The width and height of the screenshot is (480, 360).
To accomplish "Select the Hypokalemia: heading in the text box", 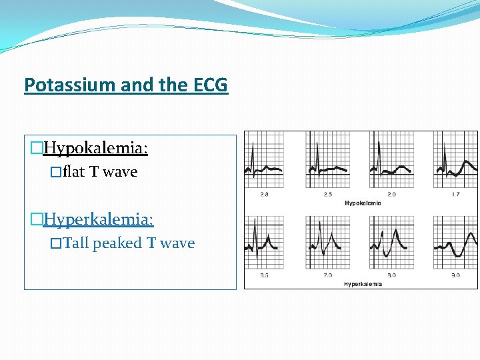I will coord(95,147).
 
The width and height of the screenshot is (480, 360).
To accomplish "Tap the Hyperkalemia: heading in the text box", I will coord(98,219).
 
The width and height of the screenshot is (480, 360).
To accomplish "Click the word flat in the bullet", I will coord(74,172).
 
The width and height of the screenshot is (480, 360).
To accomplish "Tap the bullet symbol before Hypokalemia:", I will coord(36,147).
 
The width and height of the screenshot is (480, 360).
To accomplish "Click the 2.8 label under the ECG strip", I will coord(264,195).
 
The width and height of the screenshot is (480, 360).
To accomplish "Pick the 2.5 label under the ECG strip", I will coord(327,195).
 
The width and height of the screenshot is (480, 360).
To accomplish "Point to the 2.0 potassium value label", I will coord(391,195).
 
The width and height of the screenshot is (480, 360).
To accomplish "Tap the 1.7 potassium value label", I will coord(455,195).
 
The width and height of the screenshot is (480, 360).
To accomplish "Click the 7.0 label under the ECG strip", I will coord(327,275).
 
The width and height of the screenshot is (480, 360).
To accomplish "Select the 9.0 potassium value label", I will coord(455,275).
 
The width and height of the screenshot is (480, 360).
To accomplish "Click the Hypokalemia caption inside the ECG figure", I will coord(363,203).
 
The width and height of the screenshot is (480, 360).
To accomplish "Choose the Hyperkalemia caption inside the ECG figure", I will coord(363,284).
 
